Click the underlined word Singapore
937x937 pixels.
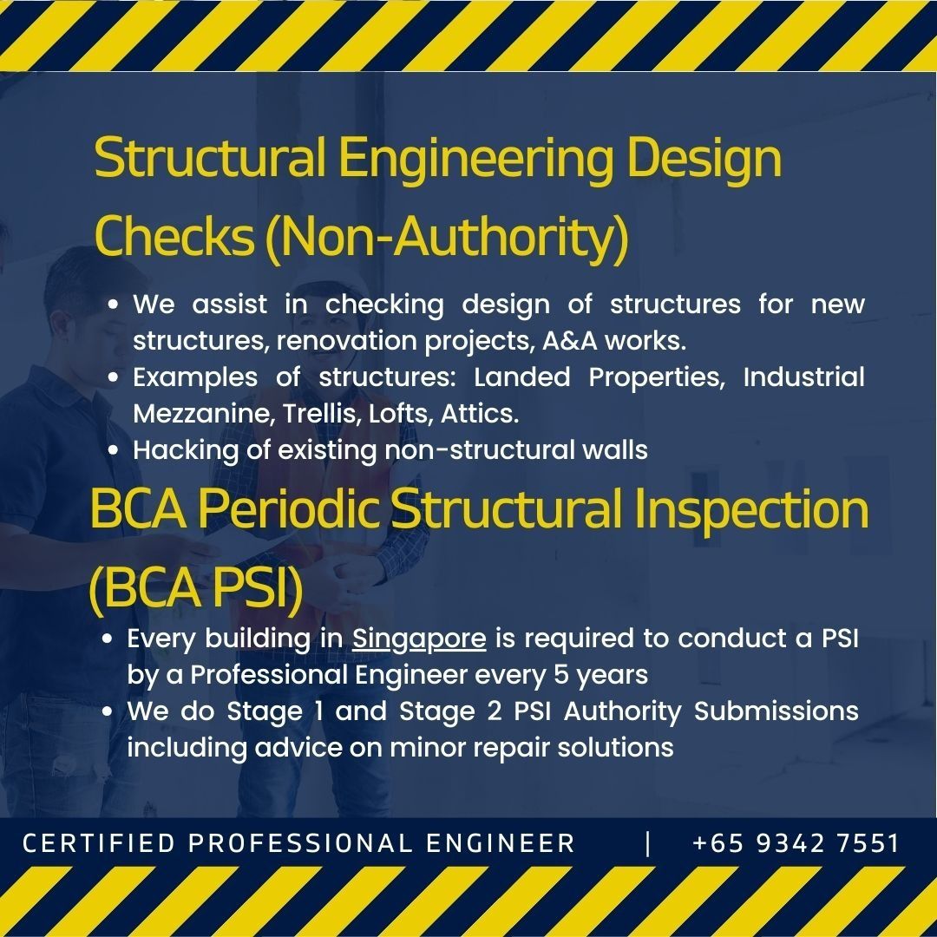coord(419,639)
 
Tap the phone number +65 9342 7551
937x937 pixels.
coord(796,843)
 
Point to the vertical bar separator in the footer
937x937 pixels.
coord(648,843)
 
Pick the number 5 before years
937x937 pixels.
coord(556,675)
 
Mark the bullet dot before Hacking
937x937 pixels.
coord(115,451)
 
